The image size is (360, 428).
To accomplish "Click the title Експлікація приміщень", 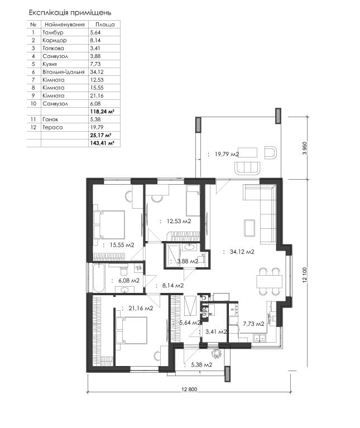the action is [x=70, y=13].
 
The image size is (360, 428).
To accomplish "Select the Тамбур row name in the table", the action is [x=53, y=32].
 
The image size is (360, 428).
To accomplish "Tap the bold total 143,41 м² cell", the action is [x=102, y=143].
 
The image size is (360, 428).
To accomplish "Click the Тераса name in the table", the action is [x=52, y=127].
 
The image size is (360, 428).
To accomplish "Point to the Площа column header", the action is [x=105, y=25].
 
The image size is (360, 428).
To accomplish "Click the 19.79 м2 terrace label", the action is [x=227, y=154].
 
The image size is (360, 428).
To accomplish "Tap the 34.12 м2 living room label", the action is [x=242, y=252].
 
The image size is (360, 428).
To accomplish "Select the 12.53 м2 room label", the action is [x=179, y=221].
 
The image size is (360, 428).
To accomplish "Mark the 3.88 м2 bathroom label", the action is [x=188, y=261].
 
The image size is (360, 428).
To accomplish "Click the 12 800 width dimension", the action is [x=189, y=389].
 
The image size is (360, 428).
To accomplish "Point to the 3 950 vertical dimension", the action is [x=305, y=148].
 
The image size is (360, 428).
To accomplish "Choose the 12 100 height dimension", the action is [x=305, y=275].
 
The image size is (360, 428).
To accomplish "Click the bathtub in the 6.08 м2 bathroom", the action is [x=98, y=278].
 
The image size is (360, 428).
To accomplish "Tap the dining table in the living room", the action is [x=269, y=281].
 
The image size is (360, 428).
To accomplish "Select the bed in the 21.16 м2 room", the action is [x=132, y=330].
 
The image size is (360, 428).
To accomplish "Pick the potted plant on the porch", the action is [x=217, y=354].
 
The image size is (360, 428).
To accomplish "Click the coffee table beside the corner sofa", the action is [x=249, y=228].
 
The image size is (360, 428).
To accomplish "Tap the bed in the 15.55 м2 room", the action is [x=109, y=225].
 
